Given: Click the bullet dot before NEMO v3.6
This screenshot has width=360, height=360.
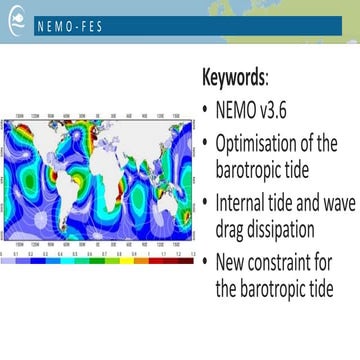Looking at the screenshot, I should [x=205, y=108].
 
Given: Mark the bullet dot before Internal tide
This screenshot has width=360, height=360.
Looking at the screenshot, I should [x=205, y=201].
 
